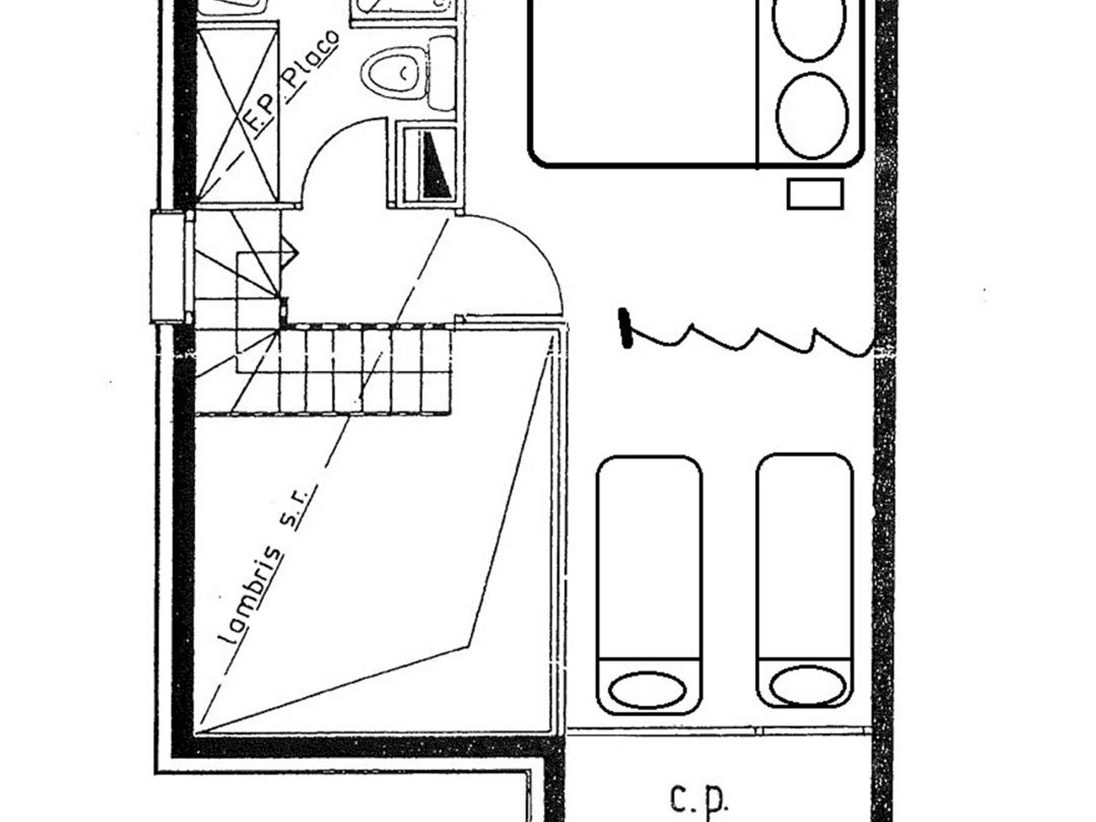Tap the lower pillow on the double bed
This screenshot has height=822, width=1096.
tap(811, 116)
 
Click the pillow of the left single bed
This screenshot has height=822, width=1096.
tap(647, 689)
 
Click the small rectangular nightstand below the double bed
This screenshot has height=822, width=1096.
tap(815, 194)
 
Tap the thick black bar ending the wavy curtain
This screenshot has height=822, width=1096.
tap(625, 328)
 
